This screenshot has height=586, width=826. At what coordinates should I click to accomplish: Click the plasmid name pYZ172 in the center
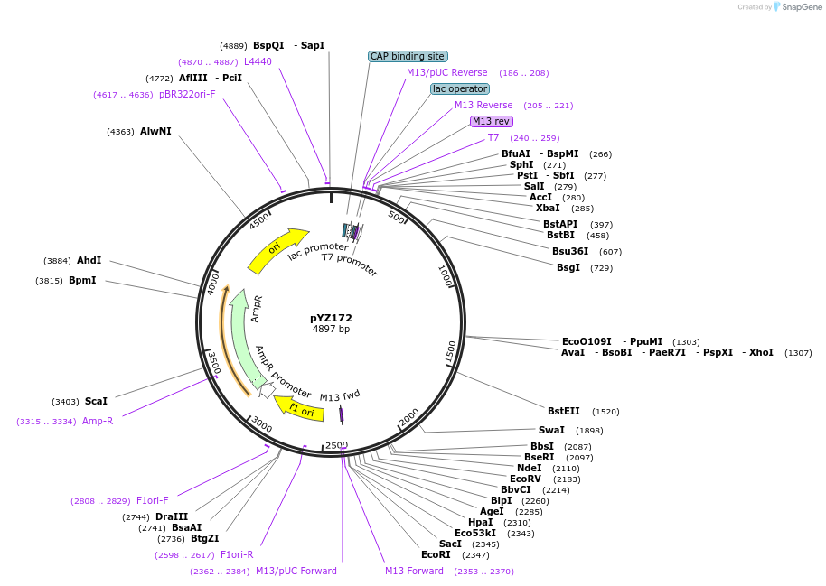tap(331, 318)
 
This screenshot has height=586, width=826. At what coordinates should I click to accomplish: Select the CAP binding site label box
tap(408, 56)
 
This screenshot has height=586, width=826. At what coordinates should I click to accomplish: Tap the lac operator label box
tap(460, 88)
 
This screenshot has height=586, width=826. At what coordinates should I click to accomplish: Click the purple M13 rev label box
tap(492, 121)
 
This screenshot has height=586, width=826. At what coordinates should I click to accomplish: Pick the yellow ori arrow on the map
tap(276, 248)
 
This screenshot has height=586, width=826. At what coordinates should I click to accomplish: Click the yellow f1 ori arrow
tap(299, 408)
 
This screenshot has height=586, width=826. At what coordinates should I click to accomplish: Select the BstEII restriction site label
tap(564, 411)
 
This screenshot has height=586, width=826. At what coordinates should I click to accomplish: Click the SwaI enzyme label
tap(551, 430)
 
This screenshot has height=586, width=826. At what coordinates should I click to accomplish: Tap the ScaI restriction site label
tap(96, 401)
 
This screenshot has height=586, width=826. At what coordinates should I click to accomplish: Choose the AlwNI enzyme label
tap(155, 131)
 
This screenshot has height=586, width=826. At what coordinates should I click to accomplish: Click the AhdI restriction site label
tap(89, 260)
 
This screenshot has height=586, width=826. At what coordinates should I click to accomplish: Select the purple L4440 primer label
tap(258, 61)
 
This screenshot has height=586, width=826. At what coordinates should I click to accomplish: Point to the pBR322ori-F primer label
tap(187, 94)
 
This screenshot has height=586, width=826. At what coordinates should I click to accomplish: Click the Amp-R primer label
tap(98, 421)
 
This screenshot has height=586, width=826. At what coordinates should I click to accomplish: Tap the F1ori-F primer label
tap(152, 500)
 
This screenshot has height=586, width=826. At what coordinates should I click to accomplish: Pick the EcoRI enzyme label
tap(436, 554)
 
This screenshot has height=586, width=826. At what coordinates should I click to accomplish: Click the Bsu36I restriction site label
tap(570, 251)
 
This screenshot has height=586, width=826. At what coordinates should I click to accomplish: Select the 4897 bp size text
tap(331, 330)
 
